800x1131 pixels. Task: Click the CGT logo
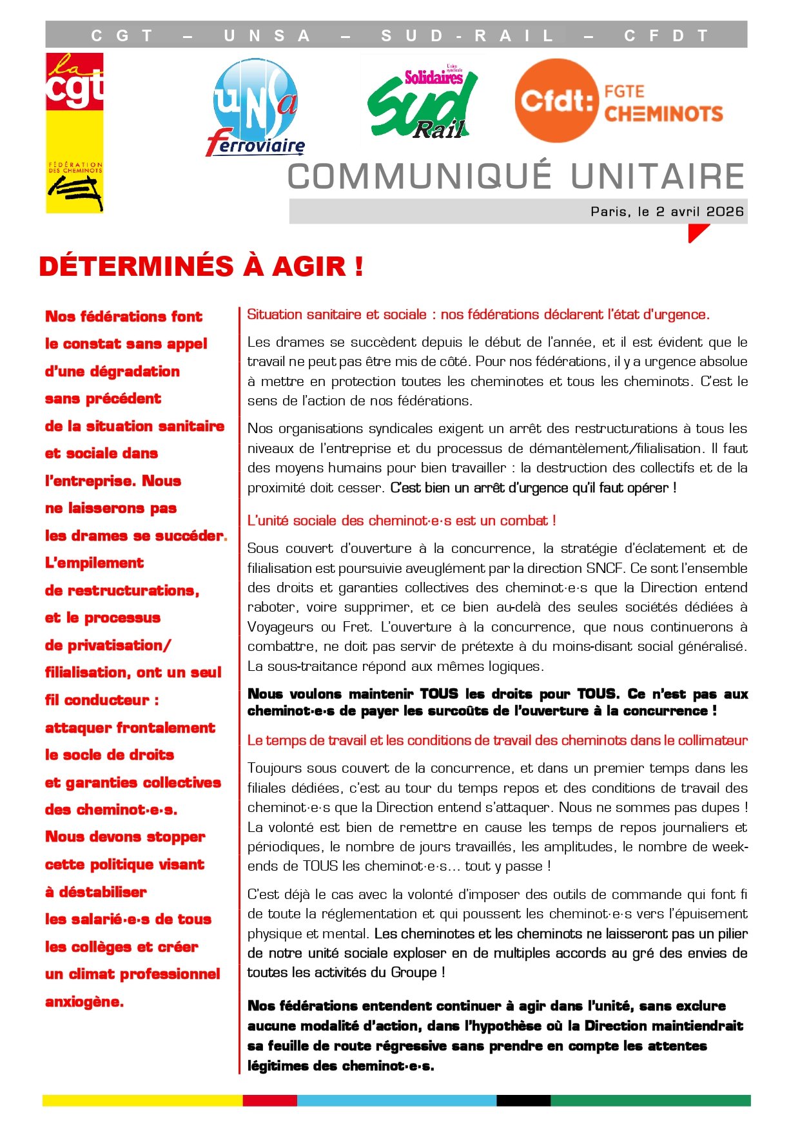pos(74,132)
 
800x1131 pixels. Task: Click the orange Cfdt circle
pos(556,101)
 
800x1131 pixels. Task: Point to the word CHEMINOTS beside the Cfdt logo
pos(663,114)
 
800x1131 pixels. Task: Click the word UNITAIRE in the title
pos(658,177)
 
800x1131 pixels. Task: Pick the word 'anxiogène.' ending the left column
pos(84,1001)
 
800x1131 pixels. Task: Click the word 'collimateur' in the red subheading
pos(711,740)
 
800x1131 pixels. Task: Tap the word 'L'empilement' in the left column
pos(94,563)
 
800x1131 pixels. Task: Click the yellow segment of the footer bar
pos(142,1100)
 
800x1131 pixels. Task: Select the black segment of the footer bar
pos(523,1100)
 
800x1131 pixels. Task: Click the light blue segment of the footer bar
pos(396,1100)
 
